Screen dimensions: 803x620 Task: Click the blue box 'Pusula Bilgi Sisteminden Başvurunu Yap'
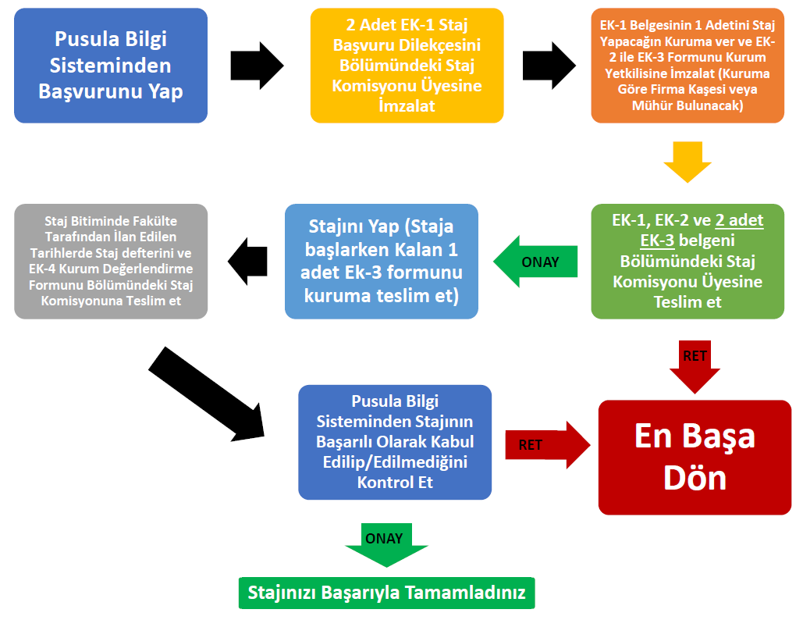tap(111, 66)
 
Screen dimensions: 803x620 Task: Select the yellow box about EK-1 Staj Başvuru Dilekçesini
tap(407, 66)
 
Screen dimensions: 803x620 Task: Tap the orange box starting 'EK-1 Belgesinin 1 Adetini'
tap(688, 66)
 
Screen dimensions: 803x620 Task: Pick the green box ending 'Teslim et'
tap(688, 262)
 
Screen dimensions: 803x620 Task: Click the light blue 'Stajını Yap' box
tap(382, 262)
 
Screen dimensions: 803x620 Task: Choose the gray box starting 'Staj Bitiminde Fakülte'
tap(111, 262)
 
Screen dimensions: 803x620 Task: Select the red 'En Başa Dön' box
tap(695, 458)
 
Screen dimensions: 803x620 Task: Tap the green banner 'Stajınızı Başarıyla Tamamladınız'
tap(386, 593)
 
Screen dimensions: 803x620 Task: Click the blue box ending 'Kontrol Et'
tap(395, 442)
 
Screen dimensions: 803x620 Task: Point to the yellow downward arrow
tap(688, 162)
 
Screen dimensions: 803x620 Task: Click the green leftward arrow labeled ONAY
tap(535, 262)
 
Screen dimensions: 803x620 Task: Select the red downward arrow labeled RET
tap(695, 367)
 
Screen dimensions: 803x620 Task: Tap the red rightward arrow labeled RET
tap(548, 445)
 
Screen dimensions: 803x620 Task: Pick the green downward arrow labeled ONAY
tap(386, 545)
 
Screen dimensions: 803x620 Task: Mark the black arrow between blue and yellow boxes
tap(257, 66)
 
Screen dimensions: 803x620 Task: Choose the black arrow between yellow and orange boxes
tap(549, 66)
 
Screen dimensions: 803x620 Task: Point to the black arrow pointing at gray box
tap(248, 262)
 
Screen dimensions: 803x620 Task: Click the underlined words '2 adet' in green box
tap(739, 220)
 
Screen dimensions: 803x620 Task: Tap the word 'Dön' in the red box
tap(695, 478)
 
